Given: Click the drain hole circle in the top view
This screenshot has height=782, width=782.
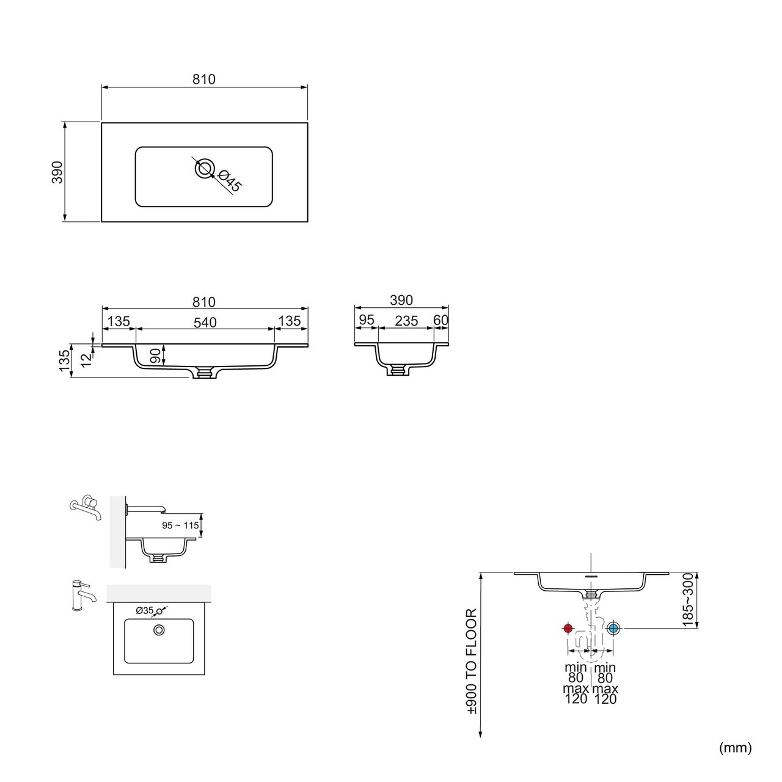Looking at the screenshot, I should tap(205, 169).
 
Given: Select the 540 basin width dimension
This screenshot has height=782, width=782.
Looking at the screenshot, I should tap(205, 322).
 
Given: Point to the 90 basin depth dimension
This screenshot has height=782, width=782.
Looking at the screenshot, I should tap(155, 356).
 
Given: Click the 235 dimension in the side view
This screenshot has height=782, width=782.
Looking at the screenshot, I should tap(406, 321).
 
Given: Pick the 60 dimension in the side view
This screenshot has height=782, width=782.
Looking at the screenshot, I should tap(441, 321).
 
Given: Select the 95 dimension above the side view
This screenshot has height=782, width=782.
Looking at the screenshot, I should tap(366, 321).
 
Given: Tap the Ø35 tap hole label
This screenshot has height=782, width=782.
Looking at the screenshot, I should tap(145, 610).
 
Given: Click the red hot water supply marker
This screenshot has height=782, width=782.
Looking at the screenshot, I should tap(568, 628).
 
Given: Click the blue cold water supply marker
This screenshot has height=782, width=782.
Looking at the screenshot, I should tap(613, 628).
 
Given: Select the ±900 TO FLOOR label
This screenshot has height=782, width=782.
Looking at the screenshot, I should tap(471, 662).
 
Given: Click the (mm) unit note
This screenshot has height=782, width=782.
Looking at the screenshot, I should tap(735, 747).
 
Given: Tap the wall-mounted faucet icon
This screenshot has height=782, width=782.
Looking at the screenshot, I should tap(84, 505).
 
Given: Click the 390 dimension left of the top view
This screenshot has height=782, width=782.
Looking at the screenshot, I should tap(57, 172).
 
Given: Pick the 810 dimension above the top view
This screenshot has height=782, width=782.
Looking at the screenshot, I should tap(204, 79).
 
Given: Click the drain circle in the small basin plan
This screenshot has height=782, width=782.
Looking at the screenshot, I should tap(159, 629).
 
